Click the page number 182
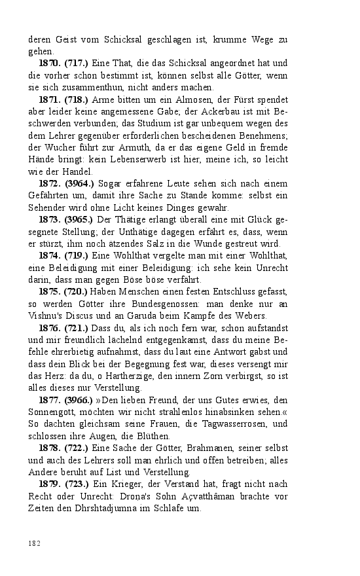point(35,543)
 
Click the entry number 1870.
point(50,63)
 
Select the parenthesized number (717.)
point(78,63)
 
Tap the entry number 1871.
point(50,99)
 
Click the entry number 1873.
point(50,220)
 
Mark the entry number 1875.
point(50,291)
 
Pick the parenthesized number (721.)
point(78,327)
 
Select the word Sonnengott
point(50,412)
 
